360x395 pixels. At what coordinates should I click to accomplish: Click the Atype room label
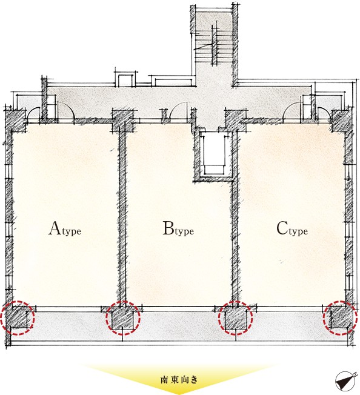click(65, 228)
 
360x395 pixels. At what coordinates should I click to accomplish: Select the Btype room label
click(178, 228)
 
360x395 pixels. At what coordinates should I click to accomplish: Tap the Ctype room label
click(292, 228)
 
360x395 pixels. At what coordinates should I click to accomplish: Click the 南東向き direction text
click(179, 379)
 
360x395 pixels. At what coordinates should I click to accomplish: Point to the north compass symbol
click(346, 381)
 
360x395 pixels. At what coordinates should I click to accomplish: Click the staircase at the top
click(214, 47)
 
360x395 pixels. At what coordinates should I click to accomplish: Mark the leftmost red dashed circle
click(18, 317)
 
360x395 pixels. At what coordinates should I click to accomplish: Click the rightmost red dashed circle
click(340, 317)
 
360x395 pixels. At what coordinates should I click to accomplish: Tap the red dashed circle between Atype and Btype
click(122, 317)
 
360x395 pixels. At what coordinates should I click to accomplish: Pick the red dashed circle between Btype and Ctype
click(235, 317)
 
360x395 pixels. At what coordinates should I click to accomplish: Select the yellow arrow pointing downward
click(179, 379)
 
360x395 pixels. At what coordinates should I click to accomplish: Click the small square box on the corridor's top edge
click(125, 81)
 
